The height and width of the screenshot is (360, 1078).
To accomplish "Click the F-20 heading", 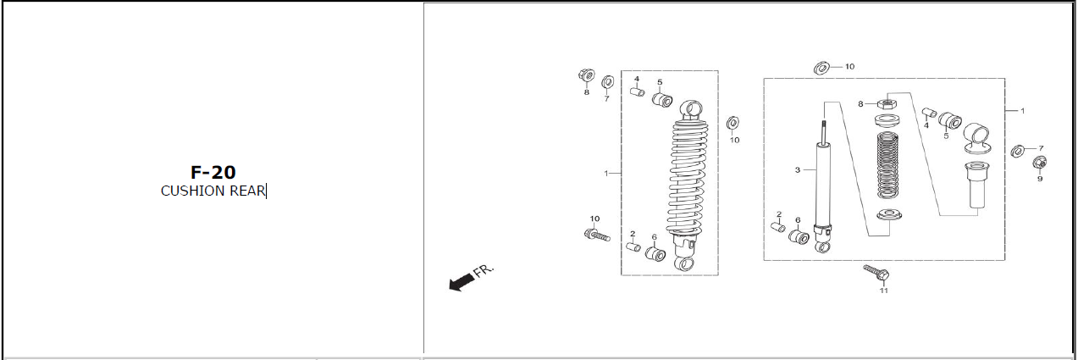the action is [213, 172].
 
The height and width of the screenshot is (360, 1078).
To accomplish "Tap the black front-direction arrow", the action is [462, 281].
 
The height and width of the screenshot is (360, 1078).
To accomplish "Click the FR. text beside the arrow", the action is [484, 271].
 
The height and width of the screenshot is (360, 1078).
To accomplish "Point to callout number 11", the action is [883, 291].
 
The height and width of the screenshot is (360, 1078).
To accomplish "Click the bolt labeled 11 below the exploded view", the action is [876, 273].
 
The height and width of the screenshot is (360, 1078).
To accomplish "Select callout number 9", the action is [1040, 179].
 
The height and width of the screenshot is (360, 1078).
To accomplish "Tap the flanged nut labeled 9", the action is [1040, 163].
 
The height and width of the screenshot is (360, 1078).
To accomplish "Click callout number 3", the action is [798, 170].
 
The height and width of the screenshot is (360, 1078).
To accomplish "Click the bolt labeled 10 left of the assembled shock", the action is [597, 235].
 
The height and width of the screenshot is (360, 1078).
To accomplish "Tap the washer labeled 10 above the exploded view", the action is [821, 68].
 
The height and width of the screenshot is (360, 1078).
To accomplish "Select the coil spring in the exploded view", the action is [888, 165].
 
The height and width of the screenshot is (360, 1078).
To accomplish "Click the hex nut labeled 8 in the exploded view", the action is [887, 103].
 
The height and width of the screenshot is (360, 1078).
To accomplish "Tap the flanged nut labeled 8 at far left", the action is [586, 75].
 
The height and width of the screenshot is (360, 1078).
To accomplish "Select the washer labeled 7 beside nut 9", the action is [1018, 151].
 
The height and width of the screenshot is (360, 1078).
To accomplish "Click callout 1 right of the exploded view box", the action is [1023, 111].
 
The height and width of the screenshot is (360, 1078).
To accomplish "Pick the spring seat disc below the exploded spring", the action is [889, 214].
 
